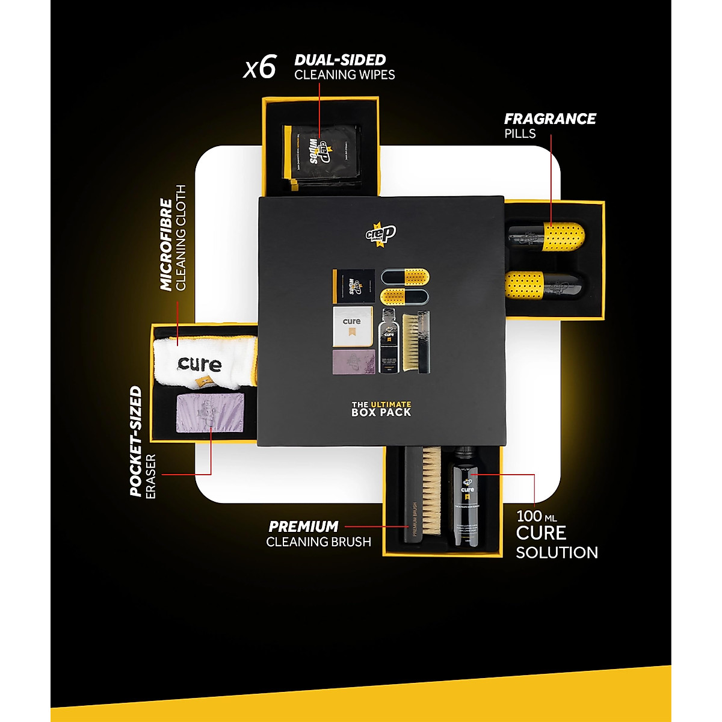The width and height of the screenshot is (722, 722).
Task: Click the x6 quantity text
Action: pyautogui.click(x=260, y=68)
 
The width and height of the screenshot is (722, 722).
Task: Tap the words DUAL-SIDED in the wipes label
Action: pyautogui.click(x=340, y=60)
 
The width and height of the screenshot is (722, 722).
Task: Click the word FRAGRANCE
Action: pyautogui.click(x=550, y=119)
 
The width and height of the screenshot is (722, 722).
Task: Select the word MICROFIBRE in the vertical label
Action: pyautogui.click(x=167, y=245)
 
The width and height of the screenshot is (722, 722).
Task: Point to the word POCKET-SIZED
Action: pyautogui.click(x=137, y=441)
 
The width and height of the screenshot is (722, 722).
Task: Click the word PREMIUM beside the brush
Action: pyautogui.click(x=303, y=526)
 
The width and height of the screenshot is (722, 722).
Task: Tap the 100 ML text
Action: pyautogui.click(x=536, y=516)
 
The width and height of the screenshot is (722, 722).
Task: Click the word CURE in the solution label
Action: pyautogui.click(x=541, y=533)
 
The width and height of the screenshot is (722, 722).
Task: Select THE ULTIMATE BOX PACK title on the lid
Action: pyautogui.click(x=381, y=409)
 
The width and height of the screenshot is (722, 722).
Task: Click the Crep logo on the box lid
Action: pyautogui.click(x=381, y=233)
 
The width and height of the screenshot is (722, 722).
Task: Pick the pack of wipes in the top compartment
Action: pyautogui.click(x=322, y=154)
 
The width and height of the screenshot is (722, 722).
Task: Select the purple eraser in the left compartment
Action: pyautogui.click(x=209, y=413)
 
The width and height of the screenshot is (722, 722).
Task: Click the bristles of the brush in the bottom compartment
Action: pyautogui.click(x=431, y=490)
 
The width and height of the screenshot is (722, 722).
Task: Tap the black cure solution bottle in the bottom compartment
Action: pyautogui.click(x=467, y=496)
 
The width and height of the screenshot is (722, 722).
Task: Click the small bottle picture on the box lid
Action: pyautogui.click(x=389, y=341)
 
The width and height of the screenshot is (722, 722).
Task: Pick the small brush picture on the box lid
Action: pyautogui.click(x=416, y=342)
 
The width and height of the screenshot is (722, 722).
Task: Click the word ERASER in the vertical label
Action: pyautogui.click(x=150, y=476)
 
